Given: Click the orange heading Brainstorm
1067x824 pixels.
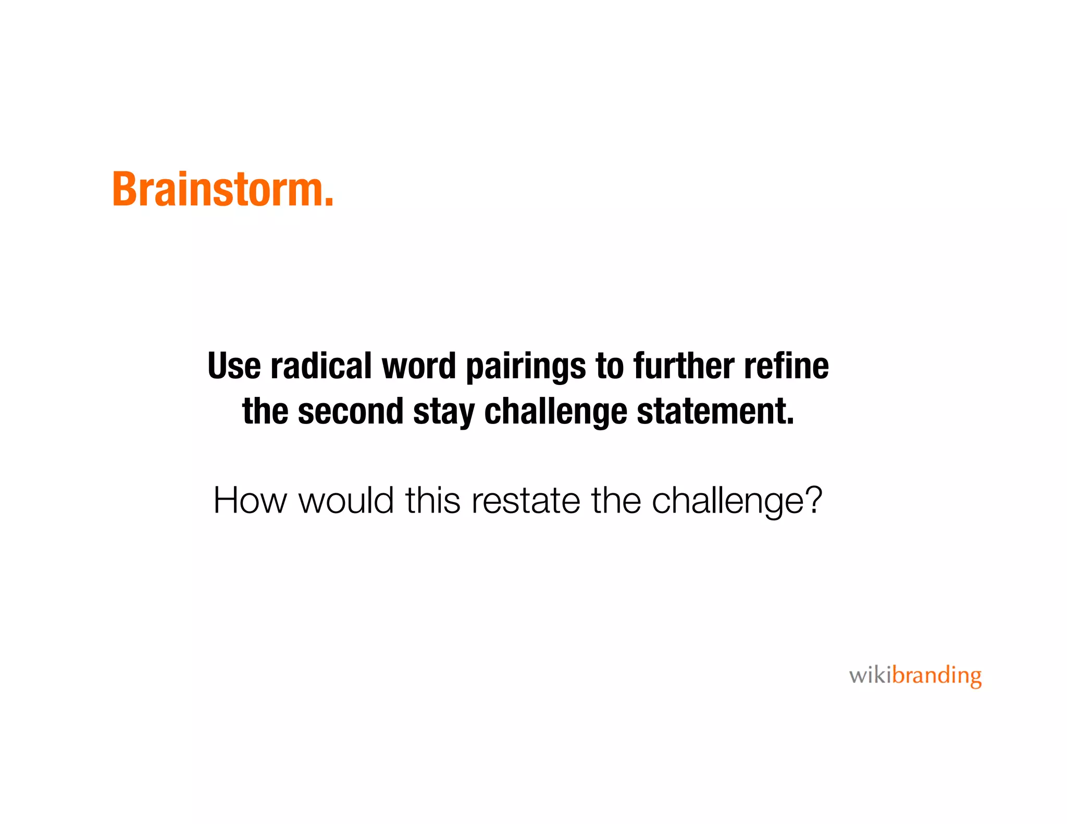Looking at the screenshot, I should pyautogui.click(x=222, y=190).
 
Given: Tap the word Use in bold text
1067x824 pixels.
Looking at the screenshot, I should pyautogui.click(x=234, y=366).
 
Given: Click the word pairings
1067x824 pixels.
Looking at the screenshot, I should pyautogui.click(x=526, y=368).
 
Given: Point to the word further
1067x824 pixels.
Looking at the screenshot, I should pyautogui.click(x=684, y=366).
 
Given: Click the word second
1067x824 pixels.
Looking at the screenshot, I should pyautogui.click(x=351, y=411).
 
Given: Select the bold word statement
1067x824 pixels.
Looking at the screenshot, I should pyautogui.click(x=715, y=411).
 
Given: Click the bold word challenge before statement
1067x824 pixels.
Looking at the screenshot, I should pyautogui.click(x=555, y=413).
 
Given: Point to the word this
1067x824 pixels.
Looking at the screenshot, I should pyautogui.click(x=433, y=501).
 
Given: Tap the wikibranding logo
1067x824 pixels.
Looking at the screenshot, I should pyautogui.click(x=915, y=676).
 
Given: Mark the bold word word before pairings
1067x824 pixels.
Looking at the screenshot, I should pyautogui.click(x=419, y=366).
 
